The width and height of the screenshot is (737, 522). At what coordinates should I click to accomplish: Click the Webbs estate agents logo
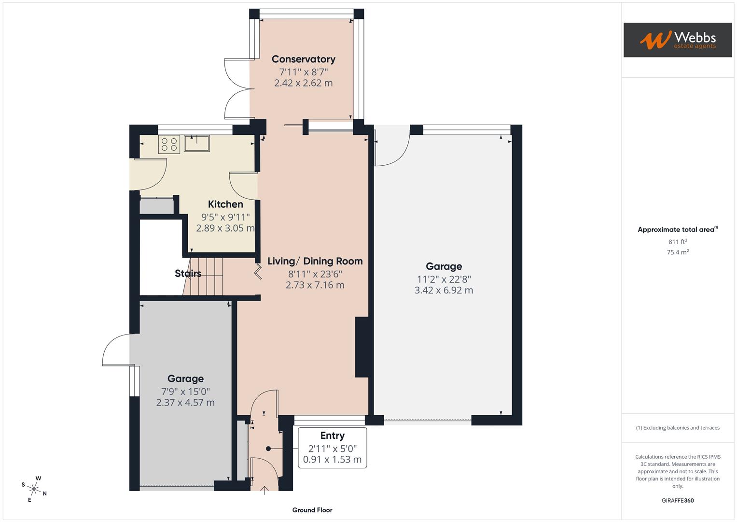(677, 40)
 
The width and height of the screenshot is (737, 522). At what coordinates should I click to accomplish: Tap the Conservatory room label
(303, 59)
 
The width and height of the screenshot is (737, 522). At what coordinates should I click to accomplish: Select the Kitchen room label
(225, 204)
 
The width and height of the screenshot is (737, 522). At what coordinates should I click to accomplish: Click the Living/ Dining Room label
(315, 261)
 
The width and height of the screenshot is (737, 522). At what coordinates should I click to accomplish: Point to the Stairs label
(188, 274)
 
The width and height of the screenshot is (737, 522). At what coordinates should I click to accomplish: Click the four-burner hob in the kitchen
(169, 145)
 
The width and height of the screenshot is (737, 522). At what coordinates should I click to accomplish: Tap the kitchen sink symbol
(197, 144)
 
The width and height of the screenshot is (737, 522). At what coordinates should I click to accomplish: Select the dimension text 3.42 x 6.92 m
(444, 290)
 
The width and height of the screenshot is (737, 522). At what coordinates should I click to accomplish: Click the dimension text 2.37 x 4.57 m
(185, 403)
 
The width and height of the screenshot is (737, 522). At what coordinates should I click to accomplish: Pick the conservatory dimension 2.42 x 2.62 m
(303, 83)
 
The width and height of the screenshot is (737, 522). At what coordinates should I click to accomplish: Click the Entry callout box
(332, 448)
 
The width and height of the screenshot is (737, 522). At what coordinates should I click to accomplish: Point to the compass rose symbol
(34, 488)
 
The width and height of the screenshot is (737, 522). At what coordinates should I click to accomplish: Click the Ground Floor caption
(312, 510)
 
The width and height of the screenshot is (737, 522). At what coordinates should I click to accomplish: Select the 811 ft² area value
(677, 242)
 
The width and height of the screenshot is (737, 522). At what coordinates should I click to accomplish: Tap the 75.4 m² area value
(677, 252)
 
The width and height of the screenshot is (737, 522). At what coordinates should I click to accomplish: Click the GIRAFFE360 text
(677, 500)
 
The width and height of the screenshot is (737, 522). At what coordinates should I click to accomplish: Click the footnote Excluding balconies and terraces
(677, 428)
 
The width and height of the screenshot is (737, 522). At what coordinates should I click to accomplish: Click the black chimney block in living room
(362, 347)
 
